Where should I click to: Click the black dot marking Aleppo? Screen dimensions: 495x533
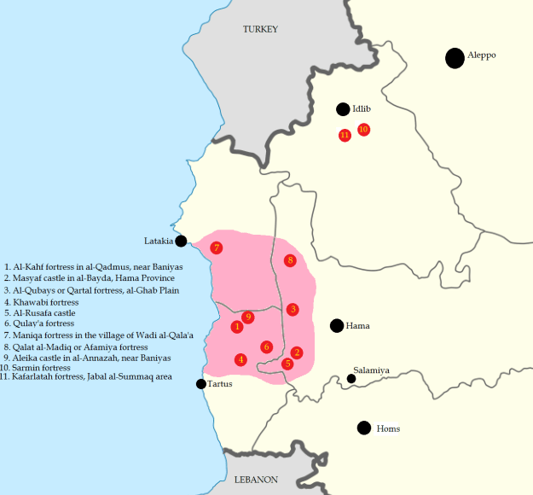point(455,57)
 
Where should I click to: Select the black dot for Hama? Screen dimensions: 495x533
point(337,325)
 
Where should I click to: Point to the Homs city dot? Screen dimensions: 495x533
point(364,428)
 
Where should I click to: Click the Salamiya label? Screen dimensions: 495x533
point(372,370)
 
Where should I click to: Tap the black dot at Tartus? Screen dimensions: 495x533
point(201,384)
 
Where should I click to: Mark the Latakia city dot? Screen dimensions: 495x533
point(181,241)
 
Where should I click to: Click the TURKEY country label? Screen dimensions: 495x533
point(260,29)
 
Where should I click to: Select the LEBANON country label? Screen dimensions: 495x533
point(256,480)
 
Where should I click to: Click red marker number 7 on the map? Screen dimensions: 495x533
point(217,247)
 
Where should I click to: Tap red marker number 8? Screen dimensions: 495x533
point(290,260)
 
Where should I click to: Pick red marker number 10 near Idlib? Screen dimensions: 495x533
point(363,130)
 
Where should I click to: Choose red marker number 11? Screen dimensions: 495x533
point(345,135)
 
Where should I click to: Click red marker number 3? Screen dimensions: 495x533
point(293,309)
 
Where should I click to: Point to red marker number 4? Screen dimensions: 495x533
point(241,359)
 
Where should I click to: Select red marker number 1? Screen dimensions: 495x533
point(237,326)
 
